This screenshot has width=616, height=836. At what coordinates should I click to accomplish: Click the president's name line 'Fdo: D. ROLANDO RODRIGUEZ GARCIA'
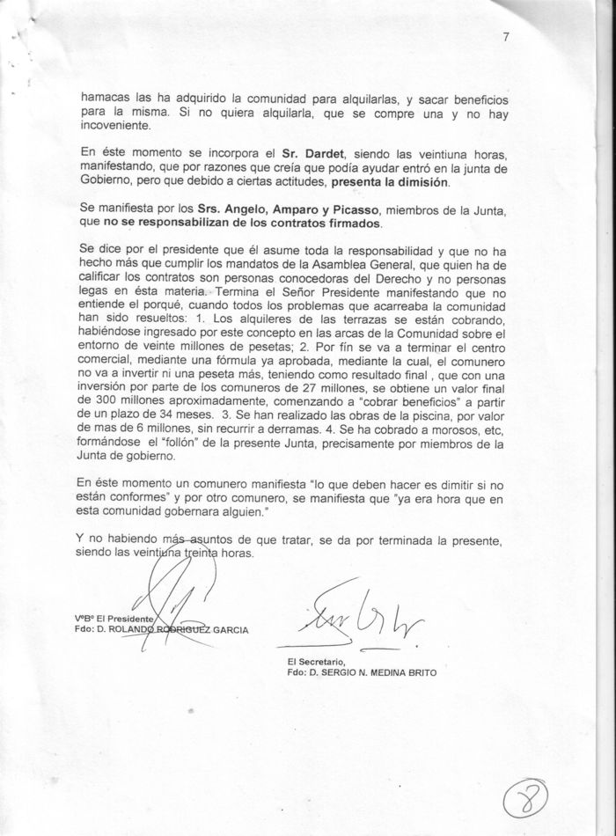(162, 629)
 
